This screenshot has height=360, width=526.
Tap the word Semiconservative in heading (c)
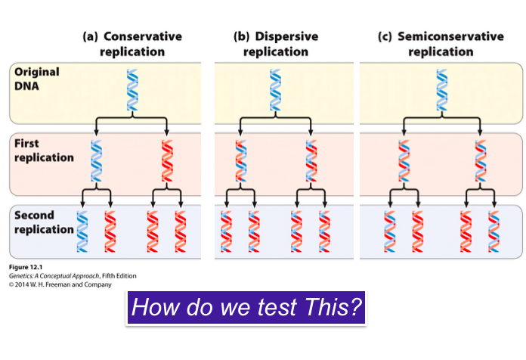446,36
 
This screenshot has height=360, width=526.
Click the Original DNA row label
36,78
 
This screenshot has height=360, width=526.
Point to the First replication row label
44,151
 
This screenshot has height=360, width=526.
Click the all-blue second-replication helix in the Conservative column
82,231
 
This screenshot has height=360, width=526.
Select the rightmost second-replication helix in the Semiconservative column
494,231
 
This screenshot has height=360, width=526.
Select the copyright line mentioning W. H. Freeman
60,284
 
